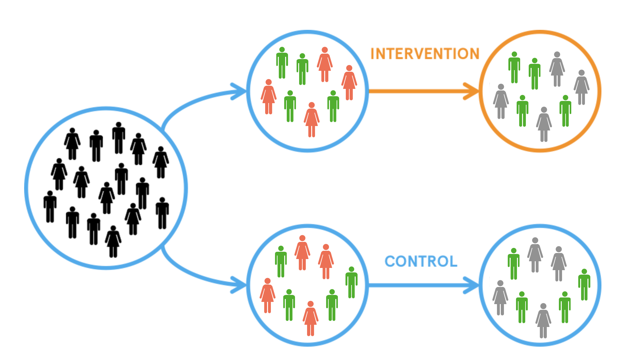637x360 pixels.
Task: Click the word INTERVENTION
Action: (x=425, y=54)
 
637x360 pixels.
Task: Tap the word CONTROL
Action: (x=421, y=261)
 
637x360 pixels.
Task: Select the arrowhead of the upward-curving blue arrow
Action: (x=240, y=91)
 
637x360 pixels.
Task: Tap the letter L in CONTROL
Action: (x=453, y=261)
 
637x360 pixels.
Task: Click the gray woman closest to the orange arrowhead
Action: (x=501, y=102)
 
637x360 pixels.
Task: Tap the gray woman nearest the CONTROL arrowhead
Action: (x=500, y=297)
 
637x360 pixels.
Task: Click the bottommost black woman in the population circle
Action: (x=113, y=241)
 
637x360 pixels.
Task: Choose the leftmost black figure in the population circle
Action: (x=50, y=206)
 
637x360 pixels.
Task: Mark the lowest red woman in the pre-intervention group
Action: (x=312, y=119)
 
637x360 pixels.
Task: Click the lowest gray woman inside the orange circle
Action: (x=544, y=124)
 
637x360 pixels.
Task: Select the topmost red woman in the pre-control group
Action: (x=302, y=252)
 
